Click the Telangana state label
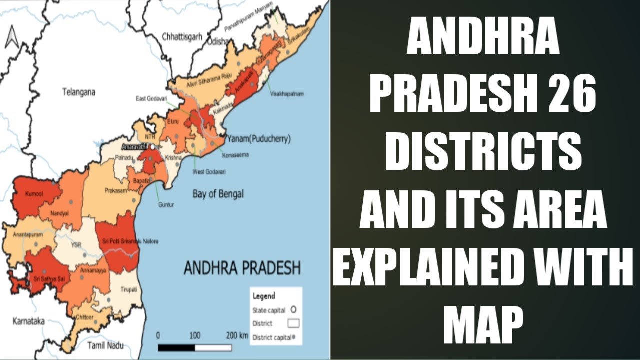pos(79,92)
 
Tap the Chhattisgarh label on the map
pos(183,37)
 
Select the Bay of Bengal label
pos(218,194)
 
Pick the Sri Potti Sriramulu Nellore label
pos(130,242)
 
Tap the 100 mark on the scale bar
pos(195,335)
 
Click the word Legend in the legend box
pos(264,296)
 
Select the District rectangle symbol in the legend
pos(293,323)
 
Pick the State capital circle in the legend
pos(293,310)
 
